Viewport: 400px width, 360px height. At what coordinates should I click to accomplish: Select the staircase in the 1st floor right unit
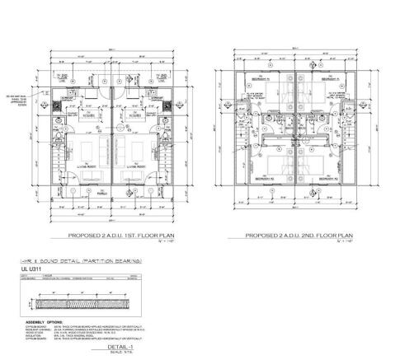pyautogui.click(x=165, y=165)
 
